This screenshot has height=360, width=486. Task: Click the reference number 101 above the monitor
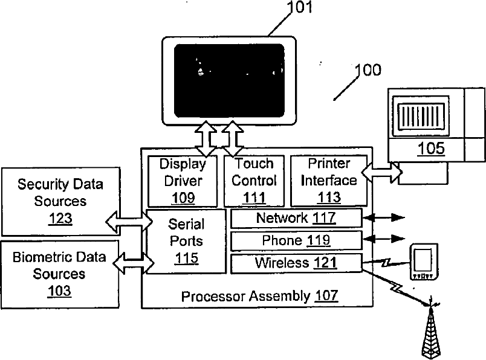tap(299, 7)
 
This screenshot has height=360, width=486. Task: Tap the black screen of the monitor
tap(229, 81)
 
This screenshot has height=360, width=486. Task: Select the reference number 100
tap(368, 70)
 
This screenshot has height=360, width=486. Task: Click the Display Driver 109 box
tap(183, 181)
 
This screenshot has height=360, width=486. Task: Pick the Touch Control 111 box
tap(254, 181)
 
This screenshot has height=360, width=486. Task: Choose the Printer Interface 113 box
tap(329, 181)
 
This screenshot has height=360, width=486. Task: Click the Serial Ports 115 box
tap(186, 242)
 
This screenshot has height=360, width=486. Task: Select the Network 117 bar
tap(297, 218)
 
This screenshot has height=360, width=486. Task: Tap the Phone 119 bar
tap(297, 240)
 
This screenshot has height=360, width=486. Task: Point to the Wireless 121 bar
tap(297, 263)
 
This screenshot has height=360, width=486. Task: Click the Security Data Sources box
tap(60, 201)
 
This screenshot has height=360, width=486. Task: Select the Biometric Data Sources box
tap(60, 274)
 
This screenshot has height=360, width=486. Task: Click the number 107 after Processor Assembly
tap(326, 295)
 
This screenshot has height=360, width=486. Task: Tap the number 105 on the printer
tap(431, 149)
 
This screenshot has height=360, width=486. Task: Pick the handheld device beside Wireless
tap(424, 262)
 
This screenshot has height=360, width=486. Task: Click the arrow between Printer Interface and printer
tap(382, 172)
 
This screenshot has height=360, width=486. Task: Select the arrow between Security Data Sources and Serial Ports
tap(129, 222)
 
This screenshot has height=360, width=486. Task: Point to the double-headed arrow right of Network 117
tap(384, 218)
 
